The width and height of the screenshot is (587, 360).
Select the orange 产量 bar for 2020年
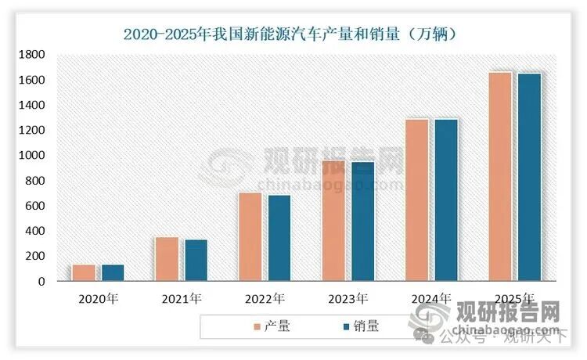pyautogui.click(x=84, y=272)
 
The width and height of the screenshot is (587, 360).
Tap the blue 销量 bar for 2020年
pyautogui.click(x=113, y=272)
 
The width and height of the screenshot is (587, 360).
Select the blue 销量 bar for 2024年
pyautogui.click(x=447, y=200)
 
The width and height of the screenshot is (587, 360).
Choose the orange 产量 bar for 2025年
pyautogui.click(x=500, y=176)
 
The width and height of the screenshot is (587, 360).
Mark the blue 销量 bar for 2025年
pyautogui.click(x=530, y=177)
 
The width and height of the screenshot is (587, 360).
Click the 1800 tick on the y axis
pyautogui.click(x=32, y=55)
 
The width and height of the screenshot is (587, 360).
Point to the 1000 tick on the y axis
pyautogui.click(x=32, y=156)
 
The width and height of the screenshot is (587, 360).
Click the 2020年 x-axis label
pyautogui.click(x=98, y=298)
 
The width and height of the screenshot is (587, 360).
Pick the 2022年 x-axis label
pyautogui.click(x=265, y=298)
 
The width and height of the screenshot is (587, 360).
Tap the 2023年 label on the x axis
pyautogui.click(x=348, y=298)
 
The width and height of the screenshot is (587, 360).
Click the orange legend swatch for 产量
pyautogui.click(x=257, y=326)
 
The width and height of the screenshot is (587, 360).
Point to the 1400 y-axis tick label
pyautogui.click(x=32, y=105)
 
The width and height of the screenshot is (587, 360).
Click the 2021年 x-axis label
pyautogui.click(x=181, y=298)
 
